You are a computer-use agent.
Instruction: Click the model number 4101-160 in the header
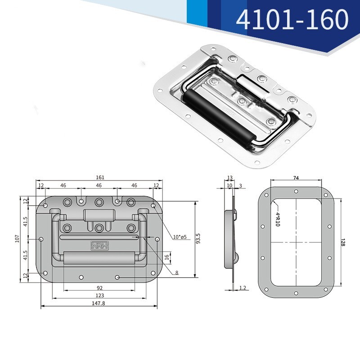(x=292, y=19)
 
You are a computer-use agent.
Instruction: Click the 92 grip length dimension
(x=99, y=288)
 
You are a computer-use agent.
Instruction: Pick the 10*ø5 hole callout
(x=179, y=237)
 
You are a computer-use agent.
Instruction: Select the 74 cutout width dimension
(x=296, y=178)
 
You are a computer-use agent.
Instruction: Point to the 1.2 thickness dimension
(x=243, y=287)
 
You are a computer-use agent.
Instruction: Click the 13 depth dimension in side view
(x=229, y=178)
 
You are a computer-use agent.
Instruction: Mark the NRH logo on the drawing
(x=97, y=246)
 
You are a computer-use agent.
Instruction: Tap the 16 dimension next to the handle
(x=166, y=257)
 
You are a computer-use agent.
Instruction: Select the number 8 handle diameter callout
(x=176, y=272)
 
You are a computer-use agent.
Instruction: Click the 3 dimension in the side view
(x=240, y=185)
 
